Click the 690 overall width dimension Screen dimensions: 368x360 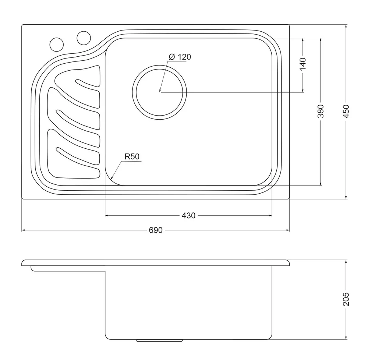point(156,230)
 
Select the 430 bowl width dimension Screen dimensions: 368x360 point(188,215)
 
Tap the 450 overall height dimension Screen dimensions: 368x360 point(346,111)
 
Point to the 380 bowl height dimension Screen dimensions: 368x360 point(321,111)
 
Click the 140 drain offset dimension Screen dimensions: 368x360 point(303,64)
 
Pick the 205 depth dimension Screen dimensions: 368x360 point(346,299)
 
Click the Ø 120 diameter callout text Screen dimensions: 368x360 point(180,57)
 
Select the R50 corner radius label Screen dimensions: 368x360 point(132,156)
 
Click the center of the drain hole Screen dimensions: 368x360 point(159,92)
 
